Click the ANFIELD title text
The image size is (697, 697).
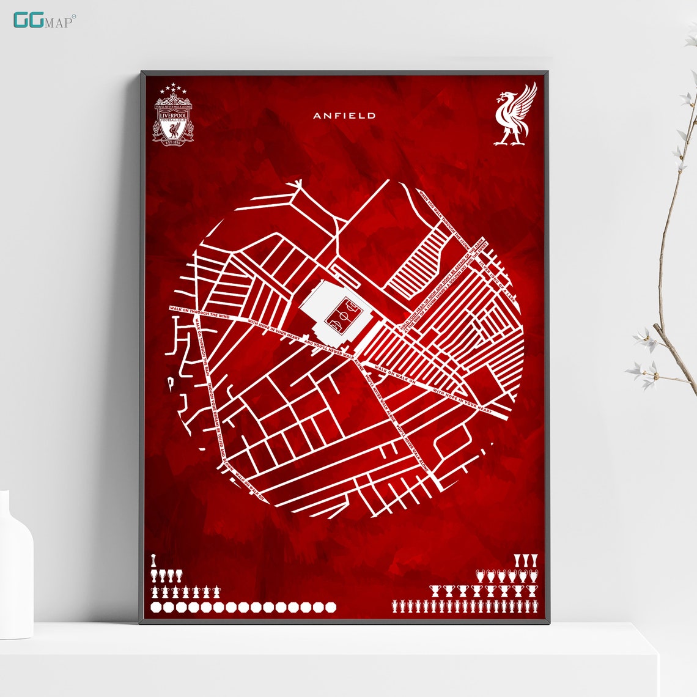344,116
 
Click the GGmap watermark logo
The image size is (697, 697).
43,20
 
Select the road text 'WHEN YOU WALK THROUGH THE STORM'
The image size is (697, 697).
445,218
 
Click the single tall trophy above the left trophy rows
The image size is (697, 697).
153,560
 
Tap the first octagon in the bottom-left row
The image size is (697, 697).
156,607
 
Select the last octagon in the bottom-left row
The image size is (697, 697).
331,607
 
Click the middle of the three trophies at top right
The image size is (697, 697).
525,559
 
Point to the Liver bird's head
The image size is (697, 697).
505,96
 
